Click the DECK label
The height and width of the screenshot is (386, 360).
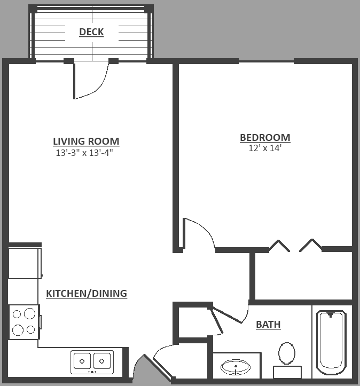[91, 32]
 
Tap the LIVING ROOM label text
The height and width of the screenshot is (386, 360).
[86, 141]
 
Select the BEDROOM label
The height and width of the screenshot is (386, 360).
[265, 138]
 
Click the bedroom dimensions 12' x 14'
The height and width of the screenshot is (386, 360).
[265, 148]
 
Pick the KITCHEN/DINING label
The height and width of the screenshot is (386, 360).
[87, 293]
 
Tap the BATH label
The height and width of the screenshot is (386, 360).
[268, 325]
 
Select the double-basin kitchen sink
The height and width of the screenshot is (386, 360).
[92, 361]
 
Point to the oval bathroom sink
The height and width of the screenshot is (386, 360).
[236, 367]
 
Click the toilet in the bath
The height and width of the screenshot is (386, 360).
[287, 358]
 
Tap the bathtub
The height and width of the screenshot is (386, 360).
[332, 342]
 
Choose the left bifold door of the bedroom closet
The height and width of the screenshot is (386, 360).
[279, 246]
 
